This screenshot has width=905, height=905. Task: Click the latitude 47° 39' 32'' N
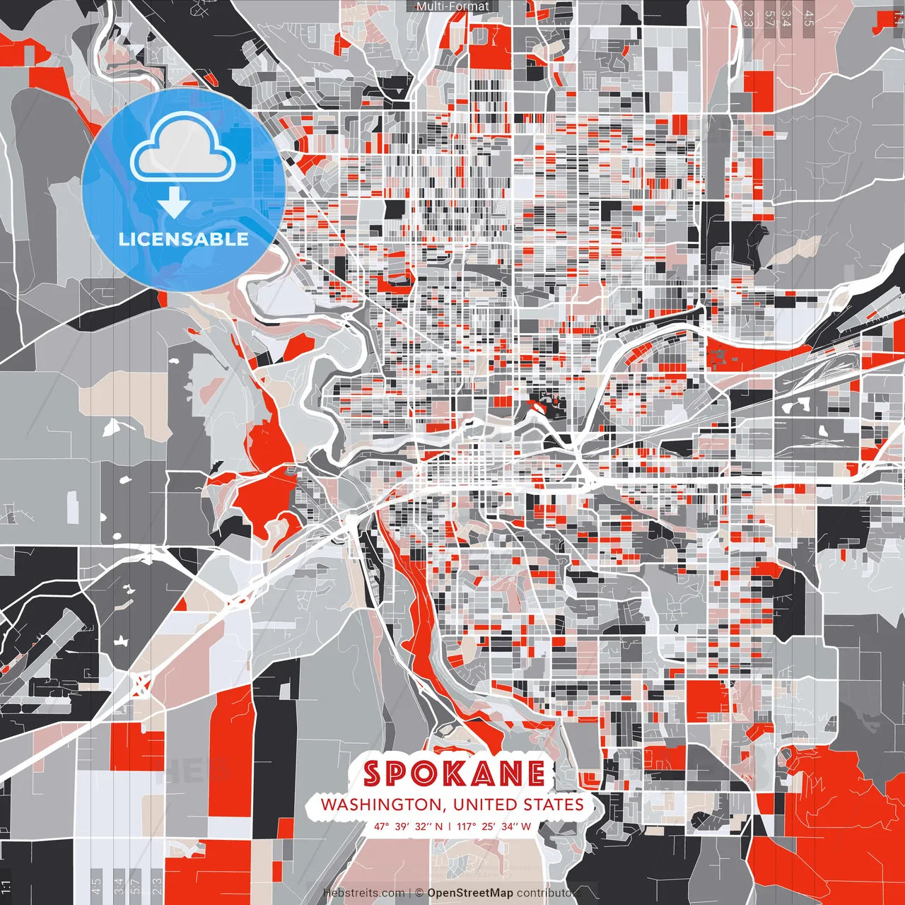point(409,826)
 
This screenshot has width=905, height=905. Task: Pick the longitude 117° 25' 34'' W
point(494,826)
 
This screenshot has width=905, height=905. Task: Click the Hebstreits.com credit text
point(363,893)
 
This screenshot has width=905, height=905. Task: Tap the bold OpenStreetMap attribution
point(469,893)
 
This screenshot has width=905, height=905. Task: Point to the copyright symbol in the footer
point(419,893)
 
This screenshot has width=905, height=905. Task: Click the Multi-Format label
point(452,6)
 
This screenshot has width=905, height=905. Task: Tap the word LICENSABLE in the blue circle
point(184,239)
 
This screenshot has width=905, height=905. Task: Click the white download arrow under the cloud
point(174,203)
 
